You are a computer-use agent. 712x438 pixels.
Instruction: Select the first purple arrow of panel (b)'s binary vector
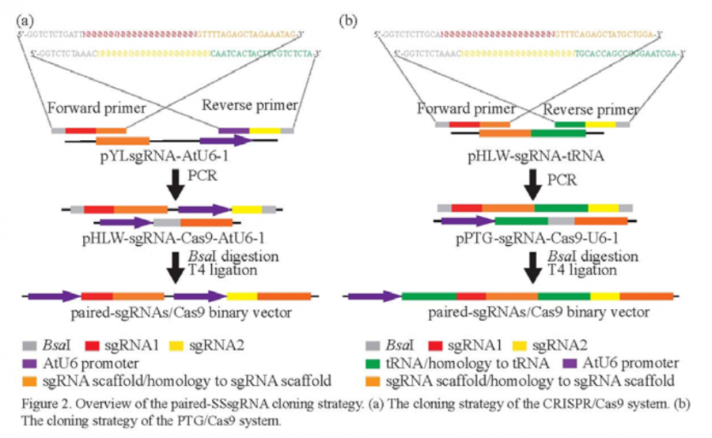click(372, 296)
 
